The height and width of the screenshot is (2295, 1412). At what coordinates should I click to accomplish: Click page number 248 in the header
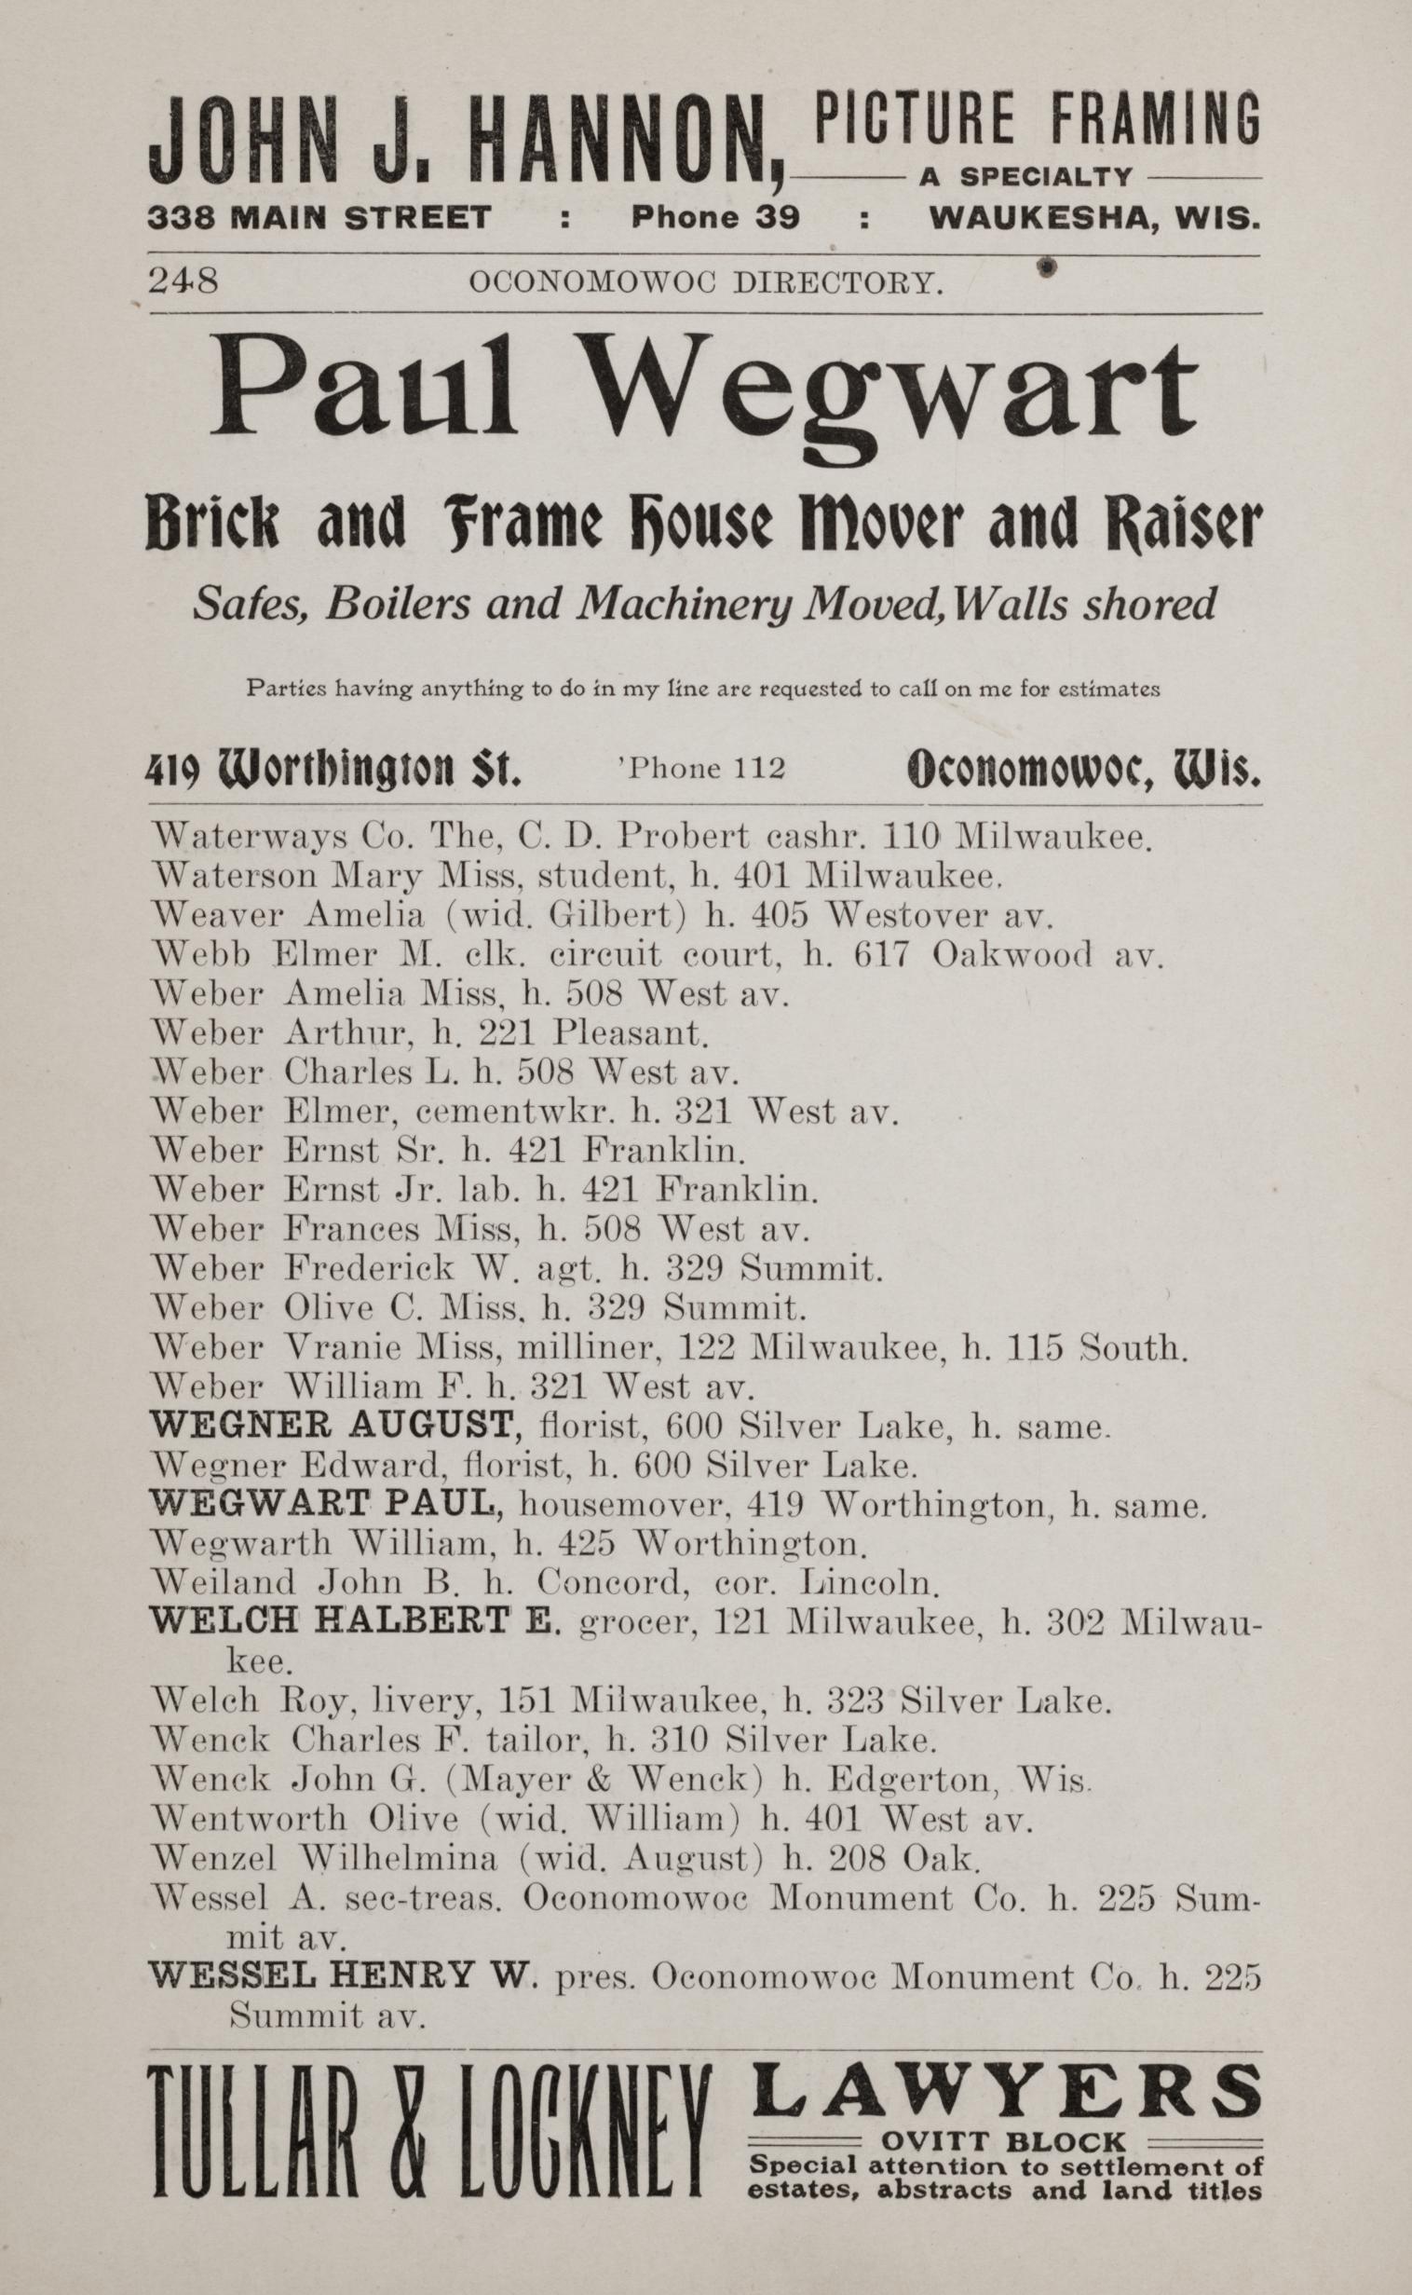point(183,281)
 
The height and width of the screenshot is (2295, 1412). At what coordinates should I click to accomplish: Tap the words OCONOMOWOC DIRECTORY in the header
point(705,282)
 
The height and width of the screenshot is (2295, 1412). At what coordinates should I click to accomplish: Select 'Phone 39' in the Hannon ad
point(715,218)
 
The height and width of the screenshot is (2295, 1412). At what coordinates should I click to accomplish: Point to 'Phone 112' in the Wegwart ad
point(702,769)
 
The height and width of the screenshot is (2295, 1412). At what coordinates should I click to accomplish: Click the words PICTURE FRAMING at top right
point(1037,118)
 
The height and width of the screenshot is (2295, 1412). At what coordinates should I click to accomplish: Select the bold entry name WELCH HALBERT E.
point(355,1621)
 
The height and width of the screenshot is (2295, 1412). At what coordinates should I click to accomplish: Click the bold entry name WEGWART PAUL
point(327,1503)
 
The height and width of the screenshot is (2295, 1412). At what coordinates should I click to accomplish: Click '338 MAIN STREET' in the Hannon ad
point(319,218)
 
